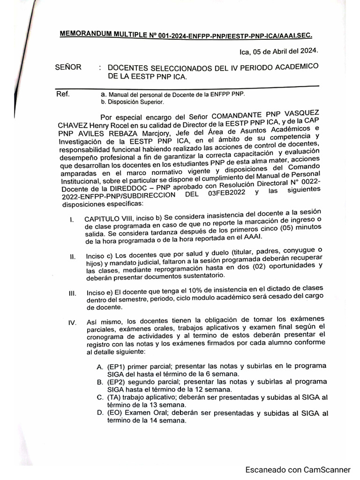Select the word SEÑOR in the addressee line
point(68,67)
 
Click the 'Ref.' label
point(63,93)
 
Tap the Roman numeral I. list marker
point(71,219)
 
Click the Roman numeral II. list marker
point(72,257)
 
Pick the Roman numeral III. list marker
point(72,293)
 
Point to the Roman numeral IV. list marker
point(72,323)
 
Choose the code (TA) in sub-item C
point(115,397)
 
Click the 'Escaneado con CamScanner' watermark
point(298,469)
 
